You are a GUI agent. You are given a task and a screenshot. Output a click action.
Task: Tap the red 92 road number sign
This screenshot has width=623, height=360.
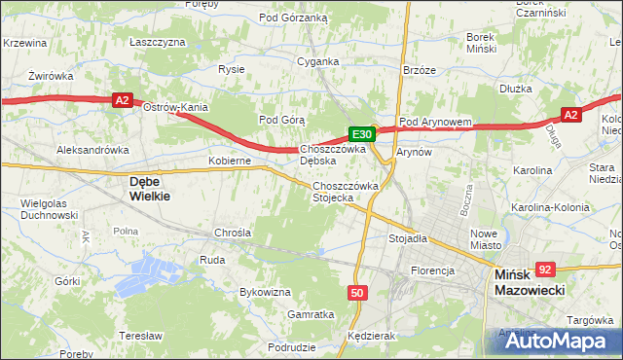[x=545, y=270]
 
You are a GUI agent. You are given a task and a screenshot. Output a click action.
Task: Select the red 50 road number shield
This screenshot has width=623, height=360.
[x=357, y=293]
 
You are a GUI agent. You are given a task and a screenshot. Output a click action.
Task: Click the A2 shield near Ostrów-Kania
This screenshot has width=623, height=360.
[x=121, y=99]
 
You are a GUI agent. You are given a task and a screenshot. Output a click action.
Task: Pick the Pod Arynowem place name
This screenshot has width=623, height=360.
[x=435, y=122]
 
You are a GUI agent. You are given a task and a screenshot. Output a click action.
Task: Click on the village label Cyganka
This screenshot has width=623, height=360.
[x=318, y=61]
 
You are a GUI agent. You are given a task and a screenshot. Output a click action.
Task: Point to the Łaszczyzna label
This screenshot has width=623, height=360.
[x=157, y=43]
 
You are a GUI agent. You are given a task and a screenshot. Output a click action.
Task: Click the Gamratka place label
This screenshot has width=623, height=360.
[x=311, y=314]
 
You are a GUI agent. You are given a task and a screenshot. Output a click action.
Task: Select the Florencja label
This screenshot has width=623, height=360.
[x=433, y=270]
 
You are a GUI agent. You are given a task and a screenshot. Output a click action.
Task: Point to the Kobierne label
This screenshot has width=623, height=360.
[x=230, y=160]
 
